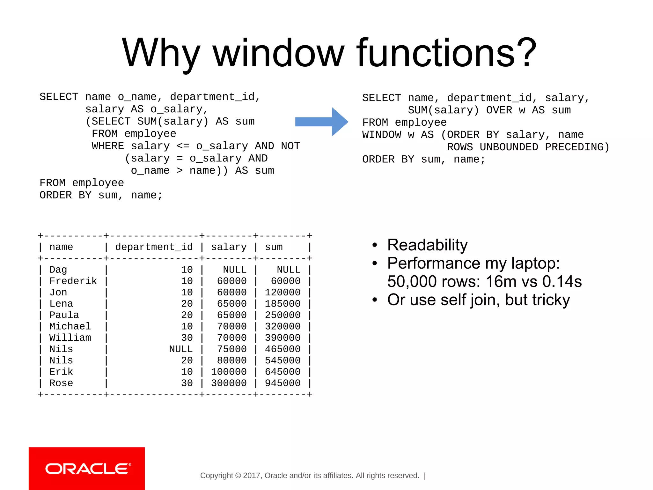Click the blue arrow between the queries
(321, 122)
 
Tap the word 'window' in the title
(278, 53)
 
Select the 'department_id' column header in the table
(154, 247)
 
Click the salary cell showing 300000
(229, 383)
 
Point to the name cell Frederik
(73, 281)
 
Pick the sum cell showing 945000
(282, 383)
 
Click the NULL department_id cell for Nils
(181, 349)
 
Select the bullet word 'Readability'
(427, 245)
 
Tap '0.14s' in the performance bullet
(562, 282)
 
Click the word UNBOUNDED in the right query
(509, 147)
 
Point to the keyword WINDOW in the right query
(382, 135)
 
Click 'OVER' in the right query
(499, 110)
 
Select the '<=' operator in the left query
(183, 146)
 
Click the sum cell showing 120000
(282, 292)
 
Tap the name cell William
(70, 338)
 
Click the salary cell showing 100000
(229, 372)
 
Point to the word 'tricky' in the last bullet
(551, 300)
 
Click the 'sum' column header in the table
(274, 247)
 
